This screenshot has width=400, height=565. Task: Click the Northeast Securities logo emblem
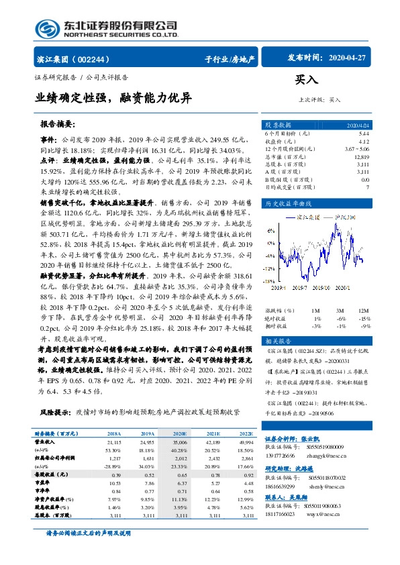coord(48,29)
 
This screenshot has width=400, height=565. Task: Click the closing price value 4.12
coord(364,142)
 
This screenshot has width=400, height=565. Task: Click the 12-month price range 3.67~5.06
coord(356,149)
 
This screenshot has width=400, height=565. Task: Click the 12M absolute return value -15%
coord(364,318)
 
